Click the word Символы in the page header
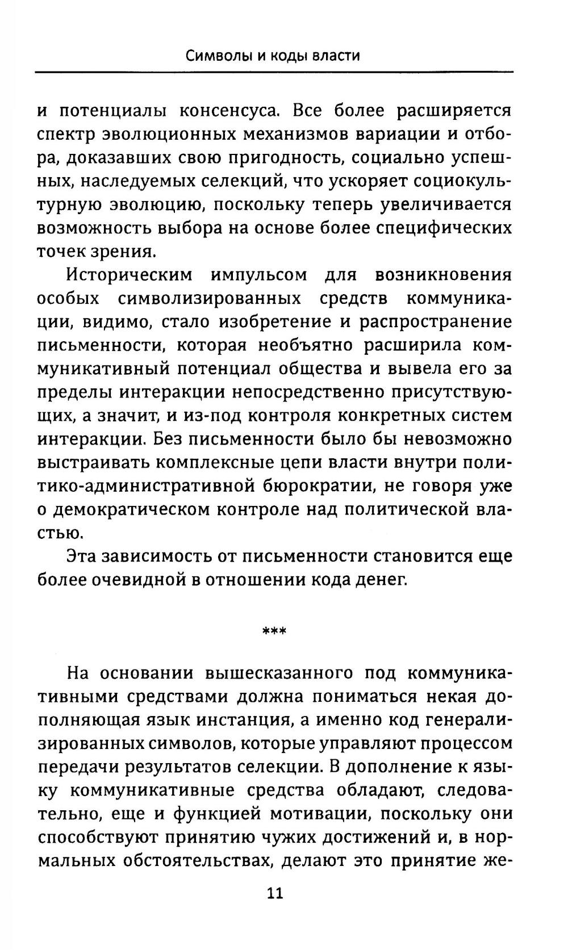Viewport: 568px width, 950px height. click(x=214, y=56)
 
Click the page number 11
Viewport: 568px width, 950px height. click(x=274, y=893)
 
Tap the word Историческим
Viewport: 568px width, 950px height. click(x=130, y=275)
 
